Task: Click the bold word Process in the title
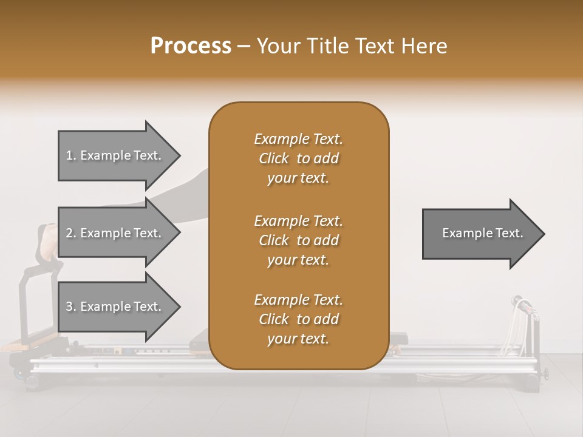[x=191, y=46]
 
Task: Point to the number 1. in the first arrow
[x=70, y=155]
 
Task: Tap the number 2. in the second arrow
[x=70, y=233]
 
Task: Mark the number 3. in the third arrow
[x=70, y=307]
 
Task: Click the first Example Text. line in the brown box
[x=298, y=139]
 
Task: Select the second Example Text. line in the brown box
[x=298, y=221]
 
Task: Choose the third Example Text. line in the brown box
[x=298, y=300]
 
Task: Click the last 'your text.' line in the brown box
[x=298, y=339]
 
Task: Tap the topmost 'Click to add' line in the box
[x=298, y=159]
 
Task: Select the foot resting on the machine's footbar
[x=50, y=240]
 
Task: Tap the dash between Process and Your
[x=244, y=47]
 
